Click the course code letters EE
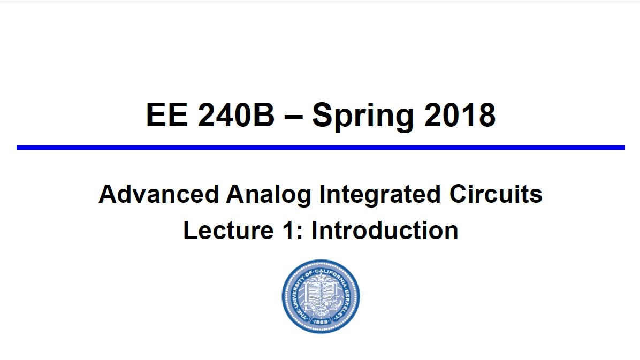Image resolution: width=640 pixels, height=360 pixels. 166,115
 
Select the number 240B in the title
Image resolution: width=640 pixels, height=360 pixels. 236,115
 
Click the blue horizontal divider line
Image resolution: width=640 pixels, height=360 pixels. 321,147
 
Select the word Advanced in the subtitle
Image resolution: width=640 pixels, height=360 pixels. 159,194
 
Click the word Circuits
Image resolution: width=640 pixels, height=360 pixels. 496,194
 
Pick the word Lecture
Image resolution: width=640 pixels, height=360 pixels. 228,231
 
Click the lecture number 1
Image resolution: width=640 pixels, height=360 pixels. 288,231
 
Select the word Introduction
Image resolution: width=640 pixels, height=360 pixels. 385,231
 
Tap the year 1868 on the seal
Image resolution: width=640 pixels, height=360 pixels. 321,322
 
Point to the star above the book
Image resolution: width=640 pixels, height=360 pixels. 321,278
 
